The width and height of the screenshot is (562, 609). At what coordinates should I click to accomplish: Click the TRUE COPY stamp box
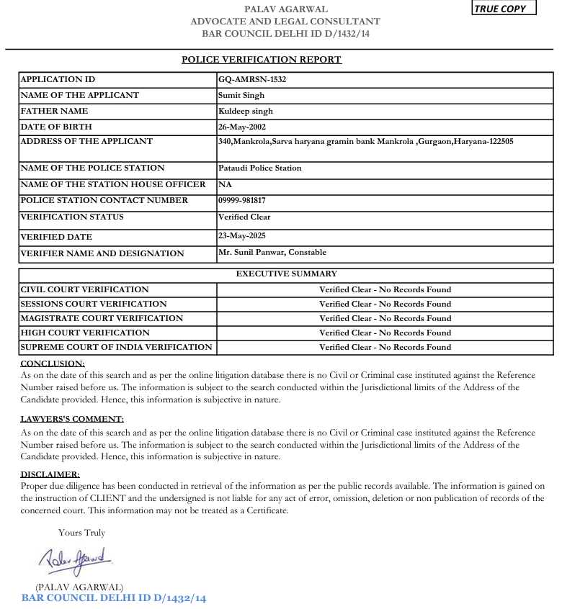(x=504, y=9)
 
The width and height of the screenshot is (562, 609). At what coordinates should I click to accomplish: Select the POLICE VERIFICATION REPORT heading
(x=262, y=60)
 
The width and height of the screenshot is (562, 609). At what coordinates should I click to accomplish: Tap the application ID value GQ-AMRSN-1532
(x=252, y=79)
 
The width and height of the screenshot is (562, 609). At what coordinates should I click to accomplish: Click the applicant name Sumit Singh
(x=241, y=95)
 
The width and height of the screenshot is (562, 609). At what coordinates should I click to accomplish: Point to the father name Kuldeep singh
(x=246, y=111)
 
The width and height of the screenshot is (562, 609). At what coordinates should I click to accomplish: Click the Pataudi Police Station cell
(x=260, y=168)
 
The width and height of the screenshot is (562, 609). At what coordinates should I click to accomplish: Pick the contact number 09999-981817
(x=242, y=200)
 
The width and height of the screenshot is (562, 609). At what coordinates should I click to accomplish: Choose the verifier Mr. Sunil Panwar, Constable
(x=272, y=252)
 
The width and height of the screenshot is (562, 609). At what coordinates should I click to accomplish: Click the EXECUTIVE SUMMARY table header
(x=286, y=274)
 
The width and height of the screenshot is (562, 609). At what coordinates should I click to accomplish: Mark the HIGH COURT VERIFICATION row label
(x=85, y=333)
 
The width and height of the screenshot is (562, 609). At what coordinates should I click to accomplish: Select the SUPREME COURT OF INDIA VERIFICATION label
(x=116, y=347)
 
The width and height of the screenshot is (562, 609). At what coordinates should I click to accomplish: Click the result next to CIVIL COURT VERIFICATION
(x=385, y=289)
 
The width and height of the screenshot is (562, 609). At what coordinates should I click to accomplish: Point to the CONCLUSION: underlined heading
(x=53, y=364)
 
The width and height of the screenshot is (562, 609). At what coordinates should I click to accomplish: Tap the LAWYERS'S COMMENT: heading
(x=72, y=419)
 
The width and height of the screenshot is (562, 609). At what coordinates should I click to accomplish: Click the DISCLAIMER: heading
(x=50, y=474)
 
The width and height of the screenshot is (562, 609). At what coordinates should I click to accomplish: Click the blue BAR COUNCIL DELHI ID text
(x=114, y=598)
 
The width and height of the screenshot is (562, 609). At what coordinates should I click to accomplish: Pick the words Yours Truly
(x=81, y=533)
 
